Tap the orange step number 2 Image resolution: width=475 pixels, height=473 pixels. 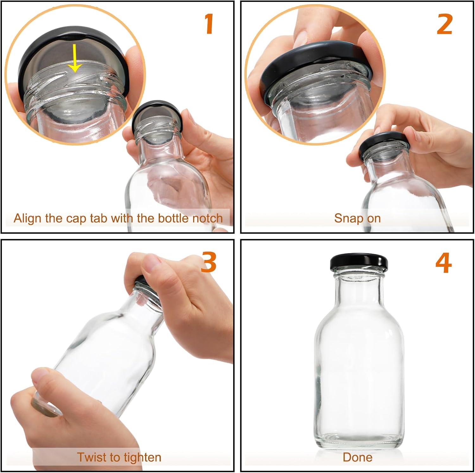coord(444,24)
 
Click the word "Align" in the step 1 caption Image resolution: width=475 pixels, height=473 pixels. coord(27,219)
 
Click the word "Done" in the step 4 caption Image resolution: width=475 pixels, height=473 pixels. coord(358,457)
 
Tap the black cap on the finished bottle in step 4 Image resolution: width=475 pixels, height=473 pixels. coord(359,261)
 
